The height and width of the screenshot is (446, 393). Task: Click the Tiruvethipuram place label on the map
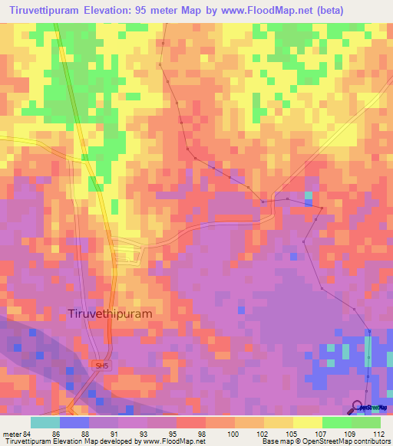[x=111, y=313]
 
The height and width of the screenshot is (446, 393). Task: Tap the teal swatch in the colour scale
[x=45, y=422]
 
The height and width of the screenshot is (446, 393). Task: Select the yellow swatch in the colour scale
[x=308, y=422]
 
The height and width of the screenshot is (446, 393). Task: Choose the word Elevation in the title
[x=121, y=11]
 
